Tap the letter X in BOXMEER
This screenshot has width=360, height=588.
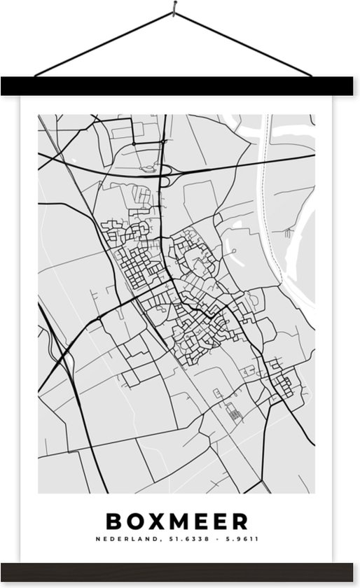click(x=155, y=521)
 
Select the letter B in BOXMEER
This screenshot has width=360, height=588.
click(x=113, y=521)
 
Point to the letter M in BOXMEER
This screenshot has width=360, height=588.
click(x=179, y=521)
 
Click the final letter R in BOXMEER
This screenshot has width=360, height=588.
click(x=241, y=521)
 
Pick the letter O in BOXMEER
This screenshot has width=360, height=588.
click(x=134, y=521)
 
